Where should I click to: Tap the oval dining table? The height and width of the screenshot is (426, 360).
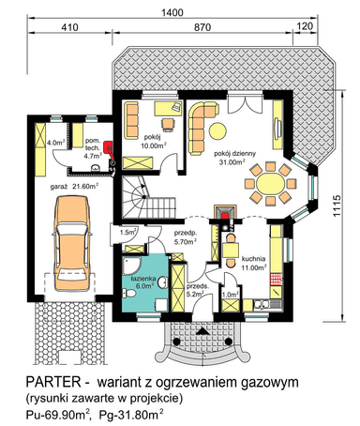[270, 183]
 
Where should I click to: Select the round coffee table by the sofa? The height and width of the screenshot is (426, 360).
[217, 131]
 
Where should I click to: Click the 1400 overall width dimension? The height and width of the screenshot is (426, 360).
[172, 12]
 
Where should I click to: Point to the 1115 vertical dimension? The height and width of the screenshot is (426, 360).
[337, 205]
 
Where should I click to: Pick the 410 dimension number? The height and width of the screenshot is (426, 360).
[69, 27]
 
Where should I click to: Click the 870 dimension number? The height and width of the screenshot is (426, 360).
[202, 27]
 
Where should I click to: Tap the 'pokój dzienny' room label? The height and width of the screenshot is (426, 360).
[234, 154]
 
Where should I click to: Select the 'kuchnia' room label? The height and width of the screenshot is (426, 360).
[253, 259]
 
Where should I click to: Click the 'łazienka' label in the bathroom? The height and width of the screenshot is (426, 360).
[143, 279]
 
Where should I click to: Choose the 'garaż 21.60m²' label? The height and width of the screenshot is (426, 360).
[74, 187]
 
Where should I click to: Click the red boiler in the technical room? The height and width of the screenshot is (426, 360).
[109, 146]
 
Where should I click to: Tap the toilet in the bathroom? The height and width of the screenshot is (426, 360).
[128, 294]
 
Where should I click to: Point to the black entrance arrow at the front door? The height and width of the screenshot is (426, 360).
[203, 331]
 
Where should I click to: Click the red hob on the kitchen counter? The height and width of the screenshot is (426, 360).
[276, 279]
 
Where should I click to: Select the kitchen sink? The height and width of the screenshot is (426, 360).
[262, 304]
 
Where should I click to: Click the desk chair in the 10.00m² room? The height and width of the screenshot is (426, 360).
[169, 124]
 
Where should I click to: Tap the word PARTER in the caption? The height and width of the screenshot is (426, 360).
[53, 382]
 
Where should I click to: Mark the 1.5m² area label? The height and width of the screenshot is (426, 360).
[127, 233]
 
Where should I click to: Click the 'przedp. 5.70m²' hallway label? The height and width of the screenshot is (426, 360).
[186, 236]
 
